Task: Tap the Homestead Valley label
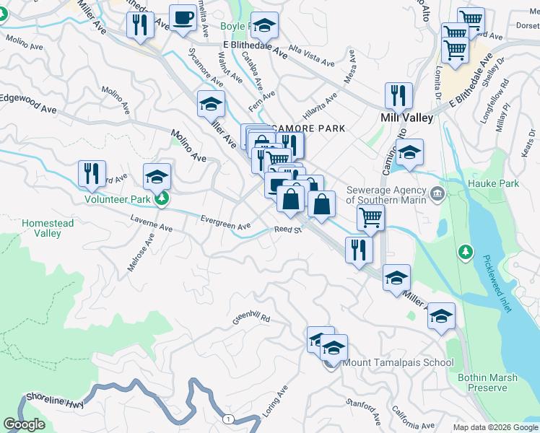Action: [48, 228]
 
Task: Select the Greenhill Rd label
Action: [251, 317]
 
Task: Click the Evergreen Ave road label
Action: [225, 224]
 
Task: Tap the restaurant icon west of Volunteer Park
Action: [92, 173]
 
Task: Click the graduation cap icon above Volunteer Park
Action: [157, 177]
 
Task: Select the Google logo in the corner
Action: [24, 424]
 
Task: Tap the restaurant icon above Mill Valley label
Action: [398, 95]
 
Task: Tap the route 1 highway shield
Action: [228, 419]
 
